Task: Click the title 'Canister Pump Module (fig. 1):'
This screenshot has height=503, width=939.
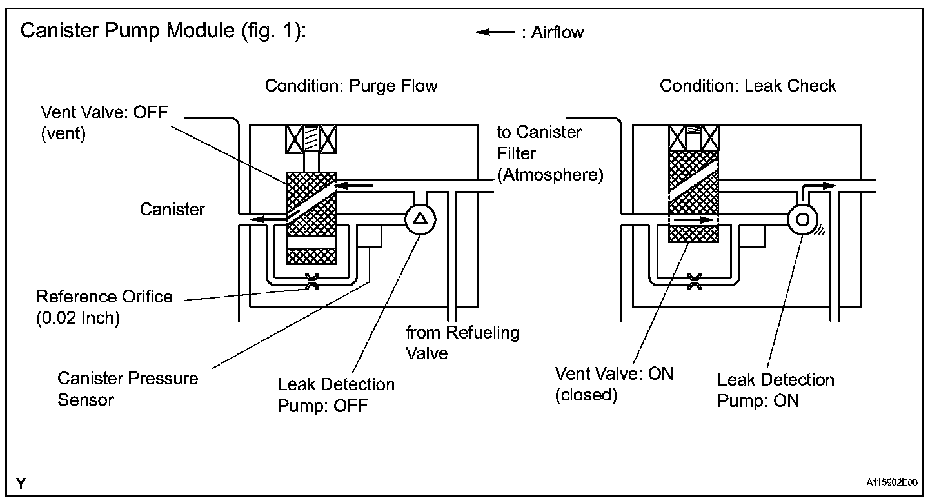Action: tap(163, 30)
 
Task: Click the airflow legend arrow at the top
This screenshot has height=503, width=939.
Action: tap(495, 32)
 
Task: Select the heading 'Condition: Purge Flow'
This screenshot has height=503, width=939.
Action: tap(351, 86)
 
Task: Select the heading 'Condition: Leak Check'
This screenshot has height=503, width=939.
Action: tap(747, 86)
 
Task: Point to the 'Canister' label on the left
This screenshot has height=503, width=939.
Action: tap(172, 209)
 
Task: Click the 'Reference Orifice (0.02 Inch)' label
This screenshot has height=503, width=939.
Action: tap(104, 308)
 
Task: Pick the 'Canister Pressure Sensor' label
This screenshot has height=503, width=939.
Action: tap(128, 388)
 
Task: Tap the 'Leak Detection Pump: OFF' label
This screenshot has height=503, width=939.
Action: tap(335, 394)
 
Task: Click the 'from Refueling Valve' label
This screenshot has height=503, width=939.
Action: tap(462, 342)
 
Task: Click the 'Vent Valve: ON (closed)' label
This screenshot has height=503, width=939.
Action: tap(614, 384)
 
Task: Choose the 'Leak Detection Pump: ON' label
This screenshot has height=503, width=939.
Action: tap(775, 390)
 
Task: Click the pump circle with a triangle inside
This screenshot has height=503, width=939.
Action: tap(420, 219)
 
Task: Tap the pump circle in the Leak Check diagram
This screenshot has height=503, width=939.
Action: tap(802, 219)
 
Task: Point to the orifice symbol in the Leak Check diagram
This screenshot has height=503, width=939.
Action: tap(694, 280)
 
